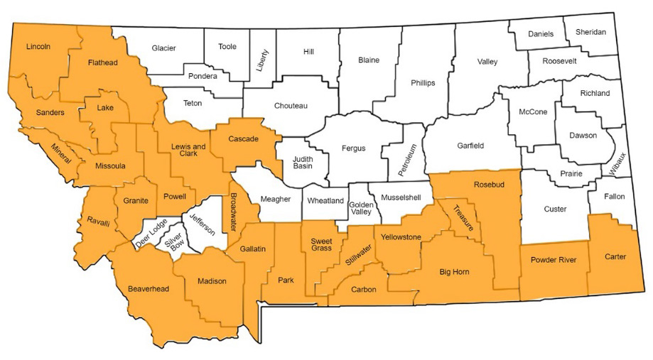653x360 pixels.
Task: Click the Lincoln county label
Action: [38, 47]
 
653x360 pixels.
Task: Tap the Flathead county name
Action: [102, 62]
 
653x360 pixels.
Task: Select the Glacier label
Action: [163, 48]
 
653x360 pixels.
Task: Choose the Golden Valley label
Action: [361, 207]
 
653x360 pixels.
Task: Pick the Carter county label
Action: [615, 256]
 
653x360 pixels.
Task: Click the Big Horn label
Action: [455, 271]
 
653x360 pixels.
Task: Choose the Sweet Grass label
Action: [322, 246]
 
